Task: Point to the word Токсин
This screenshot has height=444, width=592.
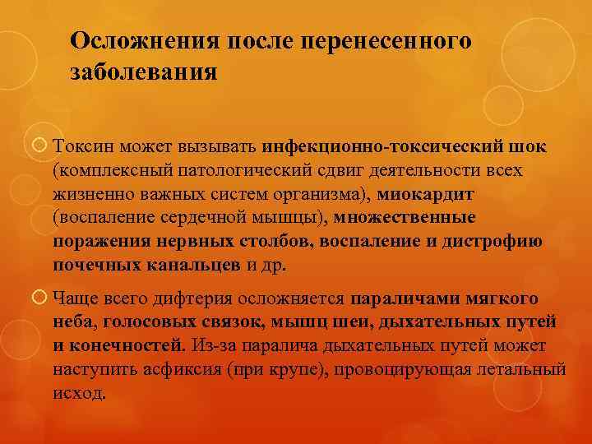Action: click(84, 147)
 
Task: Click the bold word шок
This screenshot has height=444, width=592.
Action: click(527, 147)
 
